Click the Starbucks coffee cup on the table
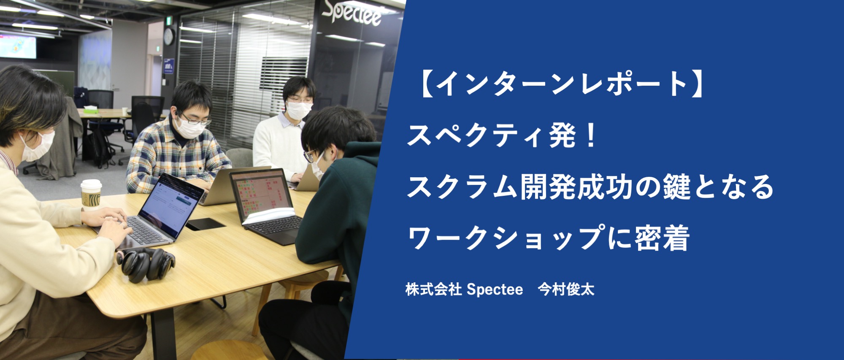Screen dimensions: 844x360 point(91,195)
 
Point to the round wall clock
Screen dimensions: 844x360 point(168,37)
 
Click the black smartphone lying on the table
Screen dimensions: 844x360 point(206,224)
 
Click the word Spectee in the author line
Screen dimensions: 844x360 point(495,290)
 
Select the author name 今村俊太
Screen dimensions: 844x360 point(566,290)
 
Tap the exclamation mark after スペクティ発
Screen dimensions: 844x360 point(591,135)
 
